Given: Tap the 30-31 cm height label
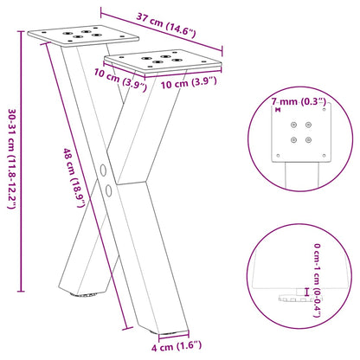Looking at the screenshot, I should click(11, 157).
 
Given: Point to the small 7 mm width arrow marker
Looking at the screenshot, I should click(277, 110).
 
